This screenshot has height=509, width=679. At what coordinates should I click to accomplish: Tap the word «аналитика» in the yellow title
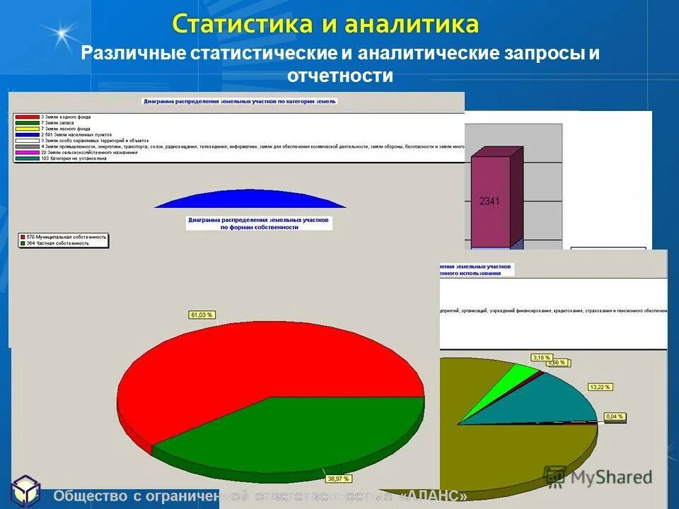click(x=412, y=24)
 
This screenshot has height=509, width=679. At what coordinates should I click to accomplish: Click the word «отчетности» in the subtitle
click(x=340, y=76)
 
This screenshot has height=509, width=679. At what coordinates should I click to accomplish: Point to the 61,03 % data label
click(x=200, y=315)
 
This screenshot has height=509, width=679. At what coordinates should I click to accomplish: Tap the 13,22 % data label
click(x=599, y=387)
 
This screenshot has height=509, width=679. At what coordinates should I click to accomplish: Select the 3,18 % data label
click(x=542, y=357)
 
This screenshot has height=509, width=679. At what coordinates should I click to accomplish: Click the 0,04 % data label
click(x=615, y=416)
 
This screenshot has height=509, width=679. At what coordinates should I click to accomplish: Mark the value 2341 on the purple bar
click(x=489, y=201)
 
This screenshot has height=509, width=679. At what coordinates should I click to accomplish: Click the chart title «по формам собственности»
click(x=259, y=228)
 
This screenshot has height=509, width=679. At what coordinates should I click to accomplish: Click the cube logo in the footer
click(x=27, y=491)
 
